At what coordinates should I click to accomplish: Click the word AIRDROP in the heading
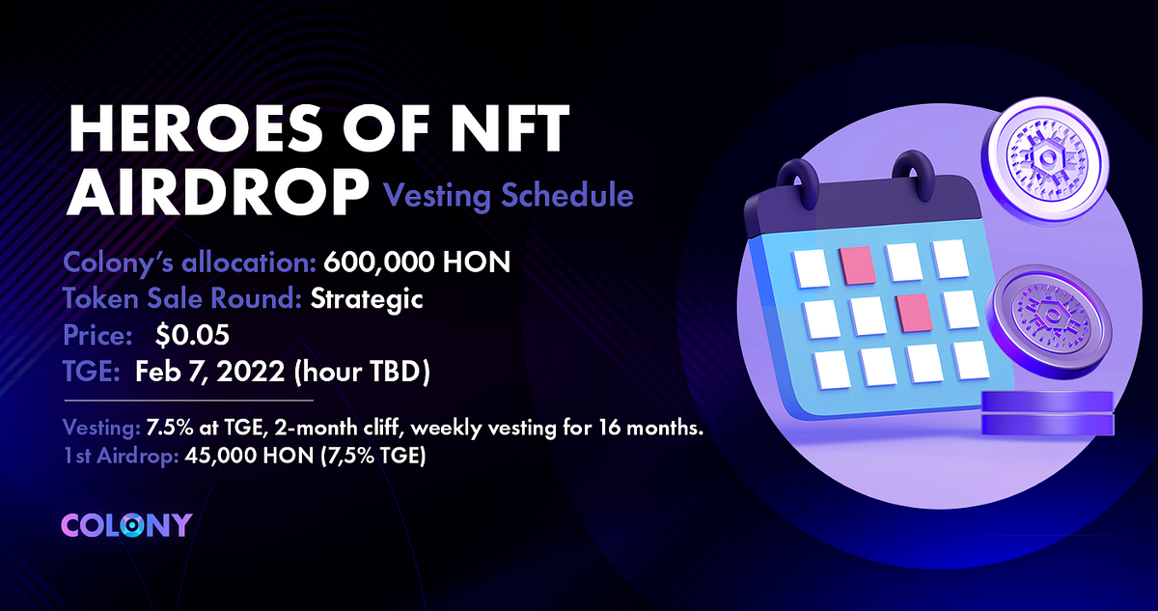coord(214,192)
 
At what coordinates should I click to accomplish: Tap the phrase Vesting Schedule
coord(509,196)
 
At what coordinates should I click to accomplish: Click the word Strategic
coord(367,299)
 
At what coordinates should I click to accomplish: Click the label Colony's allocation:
coord(190,264)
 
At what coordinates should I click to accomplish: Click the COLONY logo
coord(126,525)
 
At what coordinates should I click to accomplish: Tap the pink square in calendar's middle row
coord(913,312)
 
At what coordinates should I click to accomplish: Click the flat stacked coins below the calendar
coord(1048,413)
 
